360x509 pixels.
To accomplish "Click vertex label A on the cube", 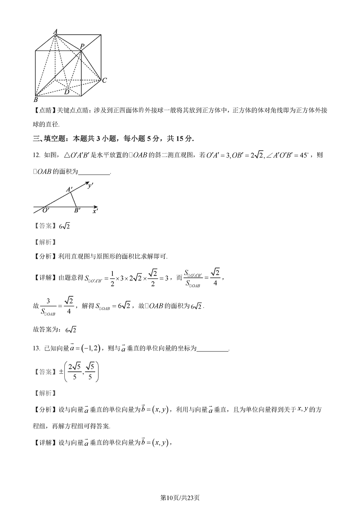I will [x=55, y=31].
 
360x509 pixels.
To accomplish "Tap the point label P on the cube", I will [x=82, y=46].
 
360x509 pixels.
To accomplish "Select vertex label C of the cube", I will [x=104, y=81].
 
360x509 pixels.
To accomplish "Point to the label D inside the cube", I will [x=66, y=92].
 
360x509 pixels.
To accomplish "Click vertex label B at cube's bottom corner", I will [x=36, y=100].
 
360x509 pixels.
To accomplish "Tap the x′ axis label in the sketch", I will [x=95, y=211].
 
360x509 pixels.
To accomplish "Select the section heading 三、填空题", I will [x=52, y=139].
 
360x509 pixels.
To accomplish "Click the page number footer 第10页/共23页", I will [x=180, y=497].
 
